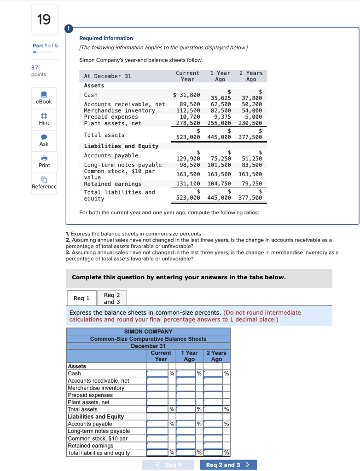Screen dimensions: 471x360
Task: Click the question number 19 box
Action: tap(45, 19)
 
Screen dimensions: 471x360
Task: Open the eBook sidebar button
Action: tap(44, 98)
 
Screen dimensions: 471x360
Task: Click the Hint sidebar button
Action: tap(44, 119)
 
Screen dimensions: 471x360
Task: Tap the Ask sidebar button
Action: tap(44, 140)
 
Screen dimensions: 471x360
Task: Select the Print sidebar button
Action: tap(44, 161)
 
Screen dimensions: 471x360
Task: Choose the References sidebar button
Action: tap(44, 183)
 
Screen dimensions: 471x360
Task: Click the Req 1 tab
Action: tap(81, 299)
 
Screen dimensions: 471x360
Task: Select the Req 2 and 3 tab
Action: tap(111, 299)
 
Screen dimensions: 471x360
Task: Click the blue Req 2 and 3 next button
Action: tap(228, 465)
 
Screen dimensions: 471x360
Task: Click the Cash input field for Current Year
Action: tap(157, 373)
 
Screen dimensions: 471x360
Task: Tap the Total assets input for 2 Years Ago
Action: tap(213, 409)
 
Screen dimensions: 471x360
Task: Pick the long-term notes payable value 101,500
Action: tap(219, 165)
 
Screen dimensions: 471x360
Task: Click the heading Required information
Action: tap(106, 38)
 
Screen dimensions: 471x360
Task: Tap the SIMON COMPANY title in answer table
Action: tap(148, 331)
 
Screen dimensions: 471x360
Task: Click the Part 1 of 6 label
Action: tap(45, 46)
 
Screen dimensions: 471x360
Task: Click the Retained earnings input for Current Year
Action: tap(157, 445)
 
